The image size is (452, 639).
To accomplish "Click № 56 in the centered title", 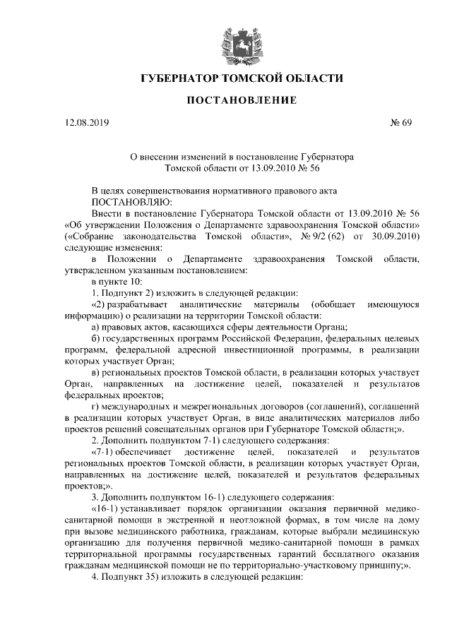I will tap(309, 168).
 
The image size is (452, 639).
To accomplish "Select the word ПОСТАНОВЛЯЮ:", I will tap(124, 202).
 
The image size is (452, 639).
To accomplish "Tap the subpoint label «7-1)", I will tap(107, 450).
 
